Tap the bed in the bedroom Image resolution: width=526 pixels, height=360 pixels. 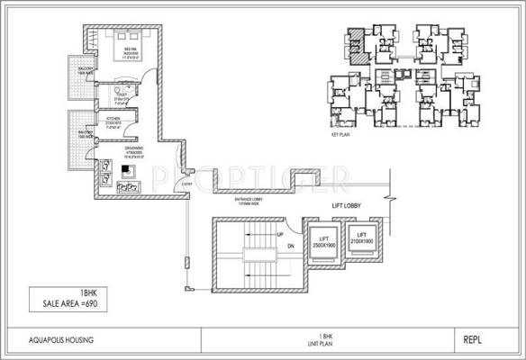pyautogui.click(x=120, y=46)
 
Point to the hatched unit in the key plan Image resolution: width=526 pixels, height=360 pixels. pyautogui.click(x=358, y=42)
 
